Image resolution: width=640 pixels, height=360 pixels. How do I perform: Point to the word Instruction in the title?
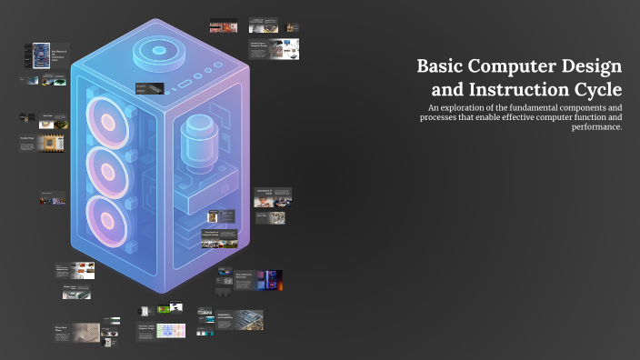(517, 90)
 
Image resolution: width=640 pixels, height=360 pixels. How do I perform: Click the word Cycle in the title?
(597, 90)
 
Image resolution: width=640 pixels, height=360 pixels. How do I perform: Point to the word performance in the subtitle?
(595, 127)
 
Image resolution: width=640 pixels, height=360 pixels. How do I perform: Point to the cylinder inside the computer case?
(195, 141)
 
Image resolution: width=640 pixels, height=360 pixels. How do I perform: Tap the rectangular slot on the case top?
(185, 84)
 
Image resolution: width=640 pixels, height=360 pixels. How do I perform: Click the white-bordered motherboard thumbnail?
(41, 55)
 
